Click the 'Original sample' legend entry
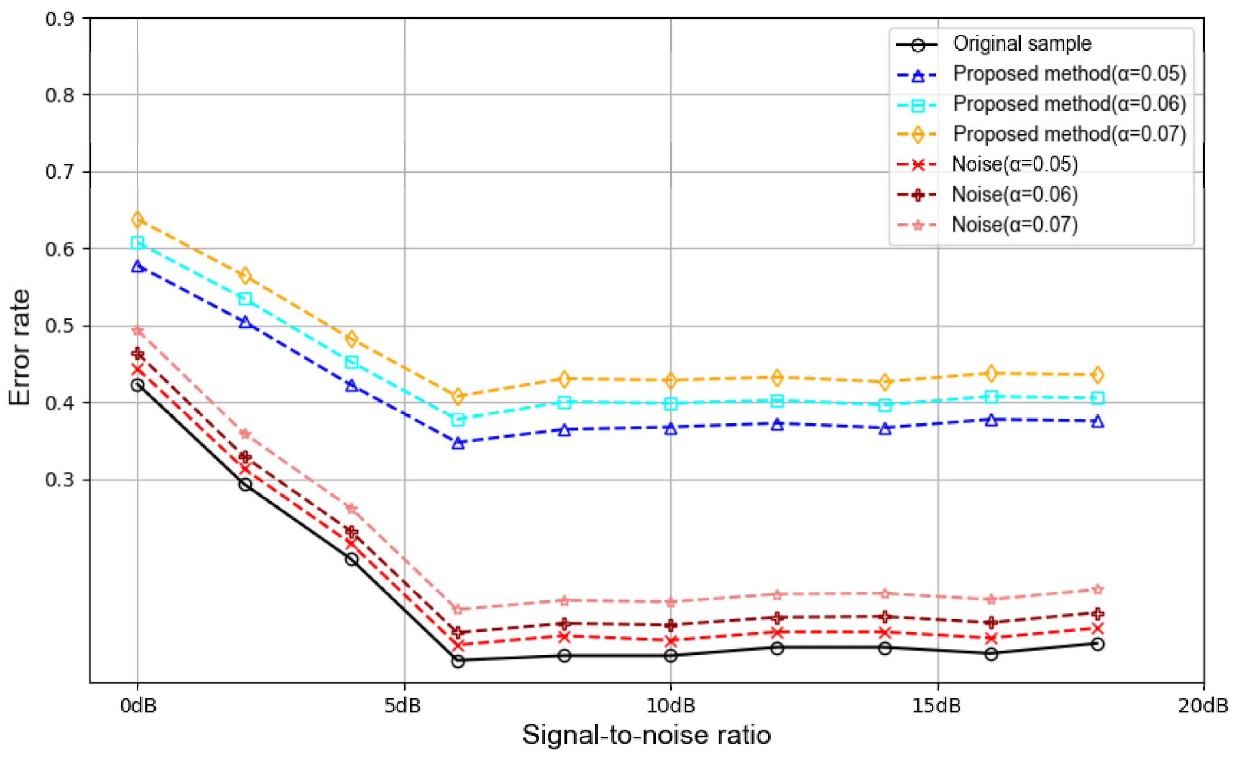point(1021,44)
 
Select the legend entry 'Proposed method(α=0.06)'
point(1069,104)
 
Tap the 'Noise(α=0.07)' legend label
point(1014,225)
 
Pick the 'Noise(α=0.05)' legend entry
point(1014,165)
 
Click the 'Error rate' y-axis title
point(20,347)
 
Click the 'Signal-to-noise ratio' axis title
point(646,735)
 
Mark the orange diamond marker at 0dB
point(138,220)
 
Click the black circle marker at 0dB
point(138,385)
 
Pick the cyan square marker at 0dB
point(138,243)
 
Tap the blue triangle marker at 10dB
point(670,428)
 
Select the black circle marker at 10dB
point(670,655)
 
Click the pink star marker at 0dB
point(138,330)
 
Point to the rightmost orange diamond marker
point(1097,375)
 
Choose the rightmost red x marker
point(1097,629)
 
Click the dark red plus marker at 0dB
point(138,355)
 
